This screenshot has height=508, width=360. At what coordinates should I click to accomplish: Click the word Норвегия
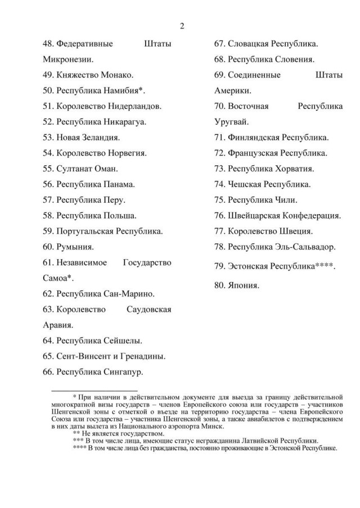[128, 153]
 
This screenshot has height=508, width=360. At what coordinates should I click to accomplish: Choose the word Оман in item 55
[103, 168]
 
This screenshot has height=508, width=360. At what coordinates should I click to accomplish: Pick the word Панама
[119, 184]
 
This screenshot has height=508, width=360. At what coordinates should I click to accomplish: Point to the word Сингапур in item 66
[123, 371]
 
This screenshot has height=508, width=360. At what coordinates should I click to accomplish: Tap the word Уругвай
[231, 121]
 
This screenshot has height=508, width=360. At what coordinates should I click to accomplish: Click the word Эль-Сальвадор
[308, 246]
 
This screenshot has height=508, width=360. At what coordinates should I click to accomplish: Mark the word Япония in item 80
[244, 285]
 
